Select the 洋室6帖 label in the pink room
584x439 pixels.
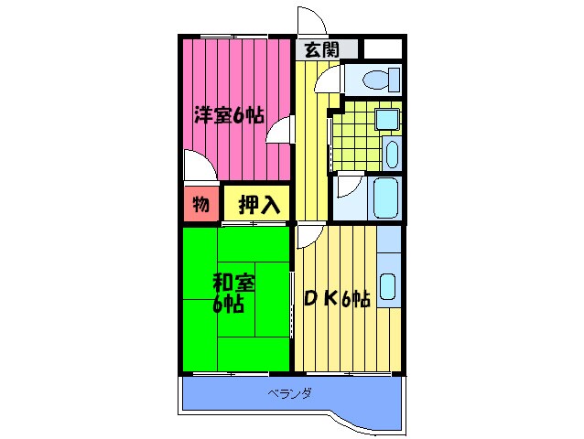coord(228,116)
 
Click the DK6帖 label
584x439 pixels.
coord(336,297)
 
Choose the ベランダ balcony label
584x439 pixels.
coord(290,394)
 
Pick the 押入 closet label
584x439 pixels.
coord(258,205)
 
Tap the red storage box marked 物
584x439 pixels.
coord(200,204)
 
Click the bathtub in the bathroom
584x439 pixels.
coord(386,194)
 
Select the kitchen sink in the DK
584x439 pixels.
coord(388,287)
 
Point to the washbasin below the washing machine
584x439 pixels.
coord(391,153)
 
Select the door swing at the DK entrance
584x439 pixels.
coord(308,236)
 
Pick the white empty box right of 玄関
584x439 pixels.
coord(383,49)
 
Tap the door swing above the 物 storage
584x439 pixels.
coord(199,166)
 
